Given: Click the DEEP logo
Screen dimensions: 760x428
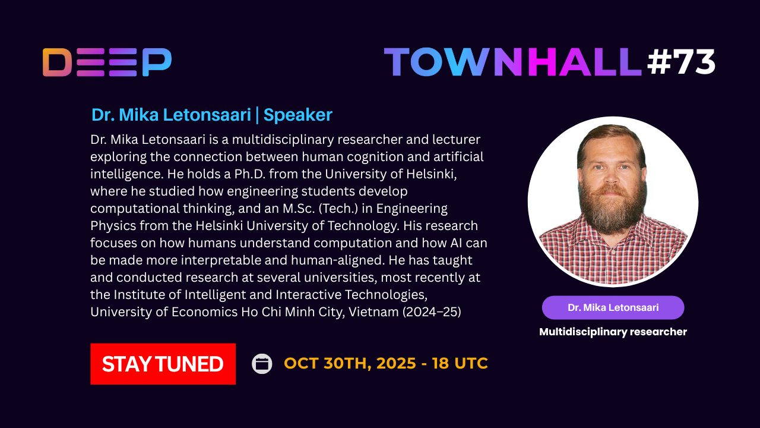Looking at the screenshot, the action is (107, 62).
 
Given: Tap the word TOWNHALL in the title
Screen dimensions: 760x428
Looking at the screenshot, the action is (512, 62).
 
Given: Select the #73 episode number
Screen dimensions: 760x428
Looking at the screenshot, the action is (681, 62).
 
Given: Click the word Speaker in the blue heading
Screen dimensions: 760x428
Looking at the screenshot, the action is (298, 115).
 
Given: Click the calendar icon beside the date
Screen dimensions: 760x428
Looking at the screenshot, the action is (262, 364).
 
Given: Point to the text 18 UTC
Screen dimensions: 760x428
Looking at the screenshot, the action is (460, 363).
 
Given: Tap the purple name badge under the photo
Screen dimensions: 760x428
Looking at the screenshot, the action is (613, 307).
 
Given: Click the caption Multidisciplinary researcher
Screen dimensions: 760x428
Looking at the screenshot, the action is (613, 332).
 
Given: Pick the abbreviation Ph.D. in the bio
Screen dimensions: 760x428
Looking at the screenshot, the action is (249, 174).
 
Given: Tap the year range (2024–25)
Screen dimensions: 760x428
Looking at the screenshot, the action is (432, 312).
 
